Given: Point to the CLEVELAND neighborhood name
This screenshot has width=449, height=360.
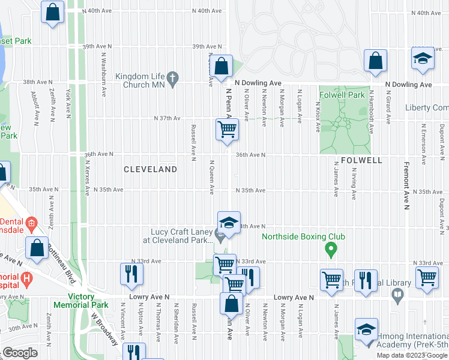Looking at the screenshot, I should (x=150, y=170).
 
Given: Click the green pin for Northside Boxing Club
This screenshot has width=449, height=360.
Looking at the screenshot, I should (x=330, y=247).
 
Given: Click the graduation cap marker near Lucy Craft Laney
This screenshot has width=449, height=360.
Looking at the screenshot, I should (x=229, y=223).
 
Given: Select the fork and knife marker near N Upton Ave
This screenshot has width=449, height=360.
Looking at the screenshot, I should (x=131, y=274).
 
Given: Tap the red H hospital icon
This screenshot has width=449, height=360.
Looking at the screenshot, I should (x=26, y=278).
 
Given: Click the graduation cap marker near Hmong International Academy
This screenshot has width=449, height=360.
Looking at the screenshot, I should (x=366, y=329).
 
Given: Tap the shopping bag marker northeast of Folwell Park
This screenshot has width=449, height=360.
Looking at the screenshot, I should (x=375, y=61).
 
